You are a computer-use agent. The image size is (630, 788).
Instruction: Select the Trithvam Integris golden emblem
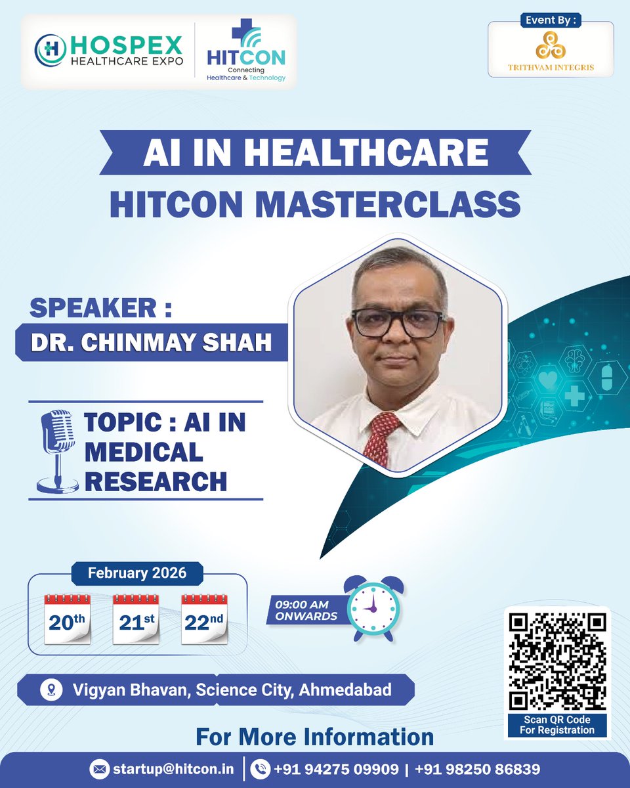pos(551,47)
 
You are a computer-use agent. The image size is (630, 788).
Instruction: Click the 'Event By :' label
pos(551,20)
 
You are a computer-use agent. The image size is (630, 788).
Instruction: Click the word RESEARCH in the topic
pos(156,481)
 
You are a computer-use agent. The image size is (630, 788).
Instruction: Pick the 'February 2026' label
pos(137,573)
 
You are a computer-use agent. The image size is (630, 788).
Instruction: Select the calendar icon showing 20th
pos(67,619)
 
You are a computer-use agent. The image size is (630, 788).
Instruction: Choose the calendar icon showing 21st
pos(136,619)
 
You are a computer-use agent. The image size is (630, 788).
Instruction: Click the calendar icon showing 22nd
pos(203,619)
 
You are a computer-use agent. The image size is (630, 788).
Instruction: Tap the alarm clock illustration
pos(371,607)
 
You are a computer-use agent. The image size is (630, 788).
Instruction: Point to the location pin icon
pos(49,690)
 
